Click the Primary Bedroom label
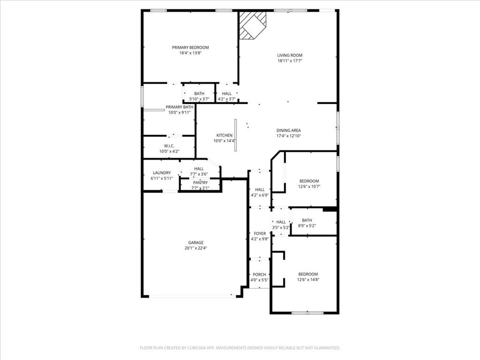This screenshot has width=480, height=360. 190,47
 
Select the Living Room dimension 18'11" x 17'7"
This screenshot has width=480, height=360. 289,60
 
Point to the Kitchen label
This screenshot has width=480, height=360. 224,135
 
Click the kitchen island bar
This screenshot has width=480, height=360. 236,135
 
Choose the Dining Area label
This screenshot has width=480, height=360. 288,130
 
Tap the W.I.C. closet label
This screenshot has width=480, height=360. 169,146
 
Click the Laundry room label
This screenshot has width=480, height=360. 162,173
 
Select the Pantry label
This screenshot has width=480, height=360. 200,182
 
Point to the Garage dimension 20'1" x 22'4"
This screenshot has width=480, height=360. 196,248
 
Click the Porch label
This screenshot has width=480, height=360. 259,275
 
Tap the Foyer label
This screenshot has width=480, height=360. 260,233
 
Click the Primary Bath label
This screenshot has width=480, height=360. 179,107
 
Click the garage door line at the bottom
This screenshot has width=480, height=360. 192,296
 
